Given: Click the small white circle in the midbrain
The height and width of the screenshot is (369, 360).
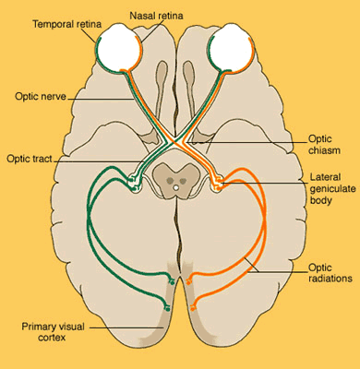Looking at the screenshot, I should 179,188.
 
